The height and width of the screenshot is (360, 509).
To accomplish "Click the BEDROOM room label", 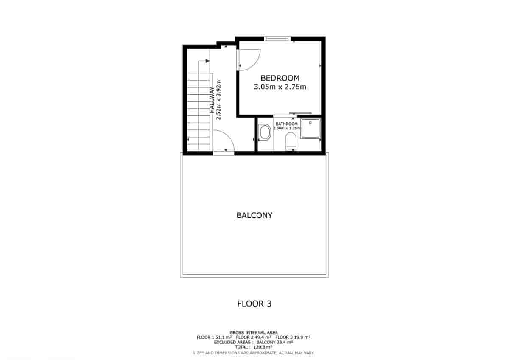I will tap(280, 78).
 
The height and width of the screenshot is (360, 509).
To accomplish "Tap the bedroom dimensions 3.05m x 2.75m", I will tap(280, 87).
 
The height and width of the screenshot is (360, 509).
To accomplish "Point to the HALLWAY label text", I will tap(211, 100).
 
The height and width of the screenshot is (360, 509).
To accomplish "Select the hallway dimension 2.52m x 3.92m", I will tap(219, 100).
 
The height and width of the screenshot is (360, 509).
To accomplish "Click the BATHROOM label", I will tap(287, 124).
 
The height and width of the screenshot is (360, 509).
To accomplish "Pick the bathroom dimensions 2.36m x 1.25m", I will tap(287, 128).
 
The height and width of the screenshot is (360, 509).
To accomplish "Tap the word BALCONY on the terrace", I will tap(254, 215).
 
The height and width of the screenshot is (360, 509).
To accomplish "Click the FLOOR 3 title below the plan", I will tap(254, 304).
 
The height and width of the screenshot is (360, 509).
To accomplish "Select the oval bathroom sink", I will tap(265, 132).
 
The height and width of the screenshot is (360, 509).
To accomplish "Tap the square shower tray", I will tap(311, 129).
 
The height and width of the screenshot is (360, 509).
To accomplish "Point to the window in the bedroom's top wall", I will tap(277, 39).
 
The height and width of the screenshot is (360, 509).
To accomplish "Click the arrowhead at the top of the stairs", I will tap(207, 61).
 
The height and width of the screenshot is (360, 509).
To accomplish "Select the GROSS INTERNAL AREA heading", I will tap(254, 332).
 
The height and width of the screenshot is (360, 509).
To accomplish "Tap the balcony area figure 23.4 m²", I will tap(285, 342).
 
